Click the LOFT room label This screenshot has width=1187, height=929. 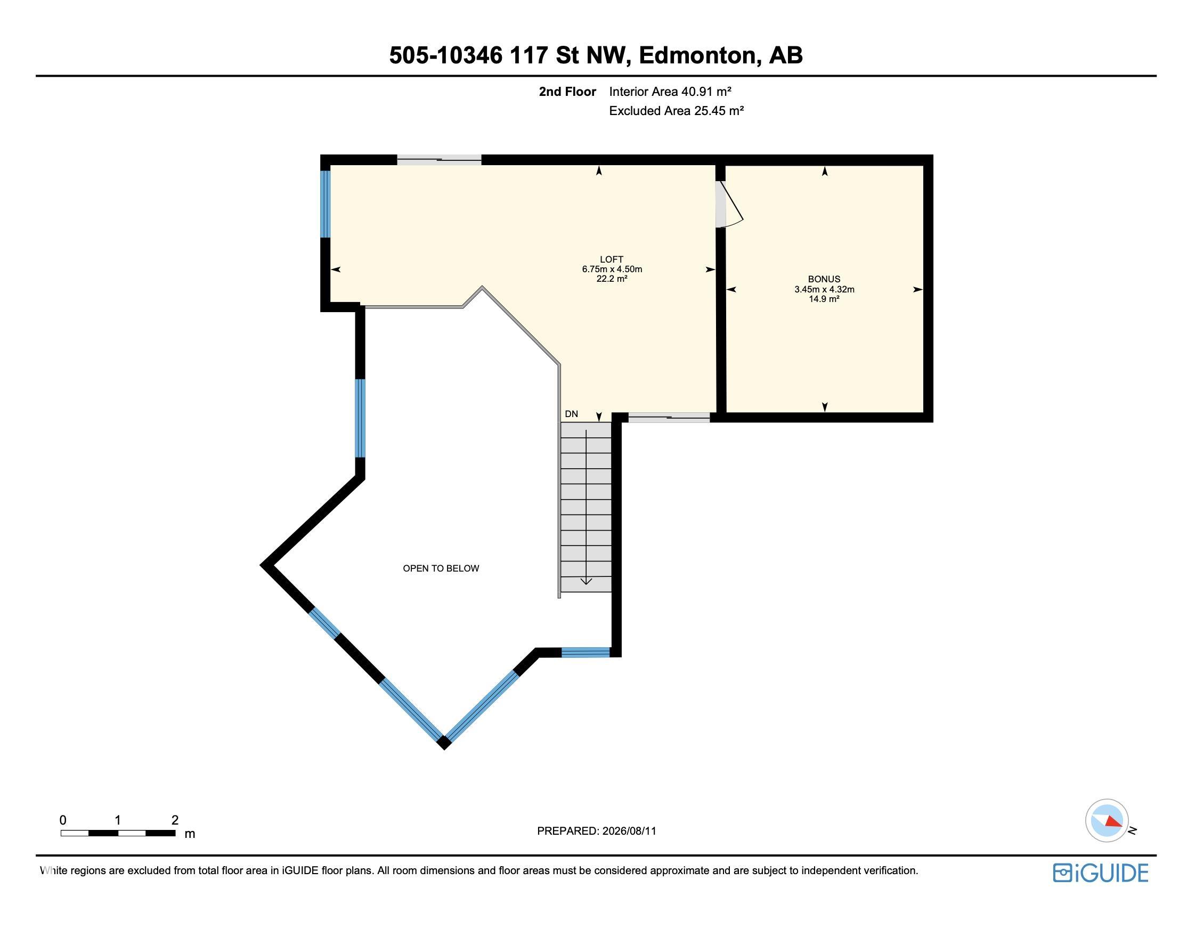(x=612, y=259)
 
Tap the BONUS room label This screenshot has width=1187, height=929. (x=824, y=279)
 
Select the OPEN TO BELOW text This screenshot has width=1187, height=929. (x=441, y=568)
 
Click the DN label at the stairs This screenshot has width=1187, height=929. (x=571, y=414)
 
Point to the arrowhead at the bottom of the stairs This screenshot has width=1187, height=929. (x=586, y=582)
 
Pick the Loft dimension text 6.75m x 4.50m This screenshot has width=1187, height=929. (x=612, y=269)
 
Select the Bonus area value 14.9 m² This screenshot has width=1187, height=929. (x=824, y=299)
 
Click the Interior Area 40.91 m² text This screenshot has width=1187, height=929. (x=670, y=92)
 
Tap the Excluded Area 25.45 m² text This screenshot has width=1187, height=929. (x=676, y=110)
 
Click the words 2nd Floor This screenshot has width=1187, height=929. (x=567, y=92)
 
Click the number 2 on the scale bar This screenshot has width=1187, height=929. (x=175, y=820)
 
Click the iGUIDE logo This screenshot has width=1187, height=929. (x=1101, y=873)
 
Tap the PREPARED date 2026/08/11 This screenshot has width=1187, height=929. (x=629, y=831)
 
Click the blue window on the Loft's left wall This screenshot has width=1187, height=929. (x=326, y=204)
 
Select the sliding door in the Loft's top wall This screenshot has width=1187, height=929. (x=439, y=160)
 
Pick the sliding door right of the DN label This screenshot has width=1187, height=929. (x=669, y=418)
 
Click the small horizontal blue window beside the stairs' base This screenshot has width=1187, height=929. (x=586, y=652)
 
